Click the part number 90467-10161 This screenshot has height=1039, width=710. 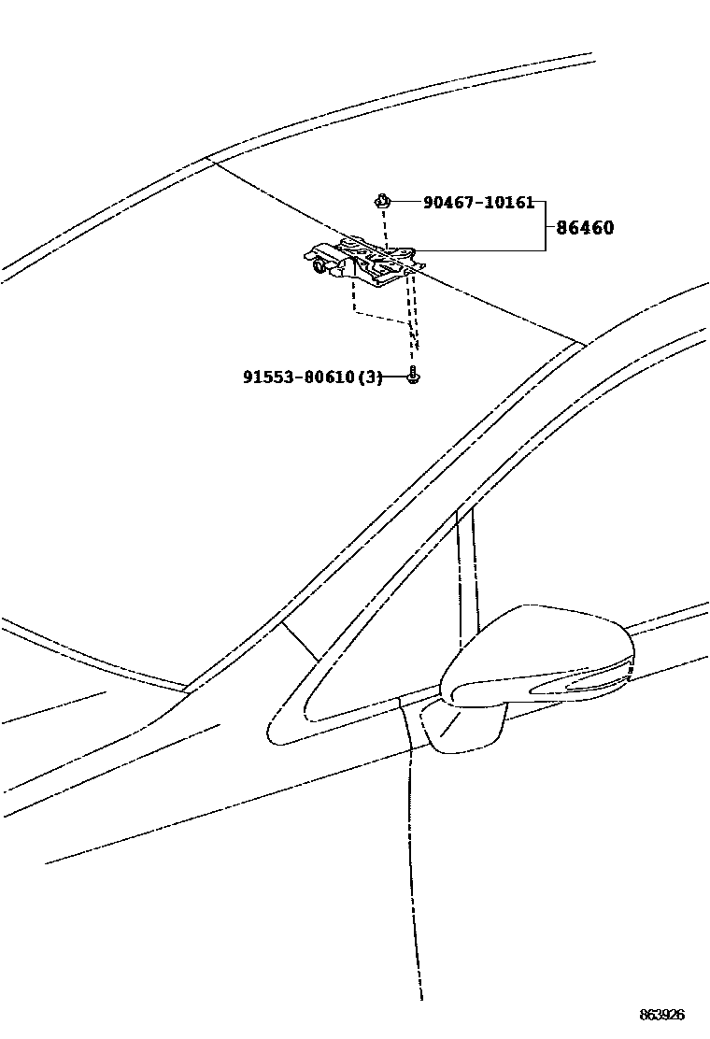click(x=477, y=202)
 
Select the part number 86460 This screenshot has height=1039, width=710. click(x=585, y=227)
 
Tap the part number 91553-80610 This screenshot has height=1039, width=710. click(x=299, y=377)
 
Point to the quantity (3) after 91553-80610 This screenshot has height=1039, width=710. click(x=370, y=377)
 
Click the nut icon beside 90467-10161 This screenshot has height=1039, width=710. click(x=383, y=199)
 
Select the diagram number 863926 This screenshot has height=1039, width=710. click(x=661, y=1015)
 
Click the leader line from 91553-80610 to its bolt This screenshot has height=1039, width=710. click(x=396, y=377)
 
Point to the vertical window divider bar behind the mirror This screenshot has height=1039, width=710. click(x=467, y=570)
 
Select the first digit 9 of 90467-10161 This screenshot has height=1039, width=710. click(x=428, y=202)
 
